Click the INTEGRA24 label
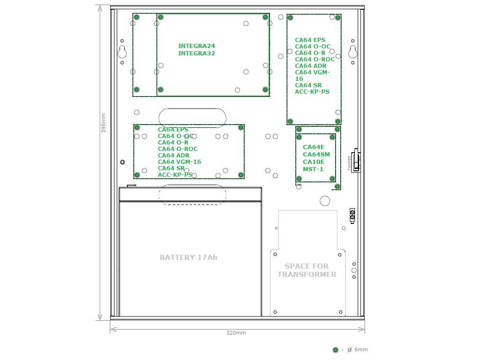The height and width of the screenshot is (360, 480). tap(197, 46)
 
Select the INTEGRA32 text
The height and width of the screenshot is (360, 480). tap(197, 53)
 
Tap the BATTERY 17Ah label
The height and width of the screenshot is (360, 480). tap(189, 258)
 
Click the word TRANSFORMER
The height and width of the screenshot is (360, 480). tap(307, 274)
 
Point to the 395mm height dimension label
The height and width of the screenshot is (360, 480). tap(103, 123)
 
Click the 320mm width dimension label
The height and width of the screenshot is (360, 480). tap(236, 333)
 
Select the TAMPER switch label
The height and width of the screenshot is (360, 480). tap(349, 163)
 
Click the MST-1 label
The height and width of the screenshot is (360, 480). tap(313, 169)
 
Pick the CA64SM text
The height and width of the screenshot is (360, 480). tap(316, 155)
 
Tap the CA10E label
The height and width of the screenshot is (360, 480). tap(313, 162)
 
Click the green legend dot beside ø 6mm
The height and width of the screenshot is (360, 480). tap(336, 349)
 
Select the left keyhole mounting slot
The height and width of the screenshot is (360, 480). tap(122, 52)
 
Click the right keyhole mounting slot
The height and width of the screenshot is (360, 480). tap(353, 52)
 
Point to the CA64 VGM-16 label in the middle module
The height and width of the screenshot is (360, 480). tap(180, 162)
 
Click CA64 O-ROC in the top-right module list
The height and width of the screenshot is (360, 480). tap(315, 60)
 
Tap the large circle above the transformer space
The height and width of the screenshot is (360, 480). tap(325, 201)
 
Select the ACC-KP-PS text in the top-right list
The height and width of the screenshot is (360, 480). tap(312, 91)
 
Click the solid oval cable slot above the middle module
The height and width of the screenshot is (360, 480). tap(192, 118)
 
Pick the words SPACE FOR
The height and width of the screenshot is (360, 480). tap(307, 266)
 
